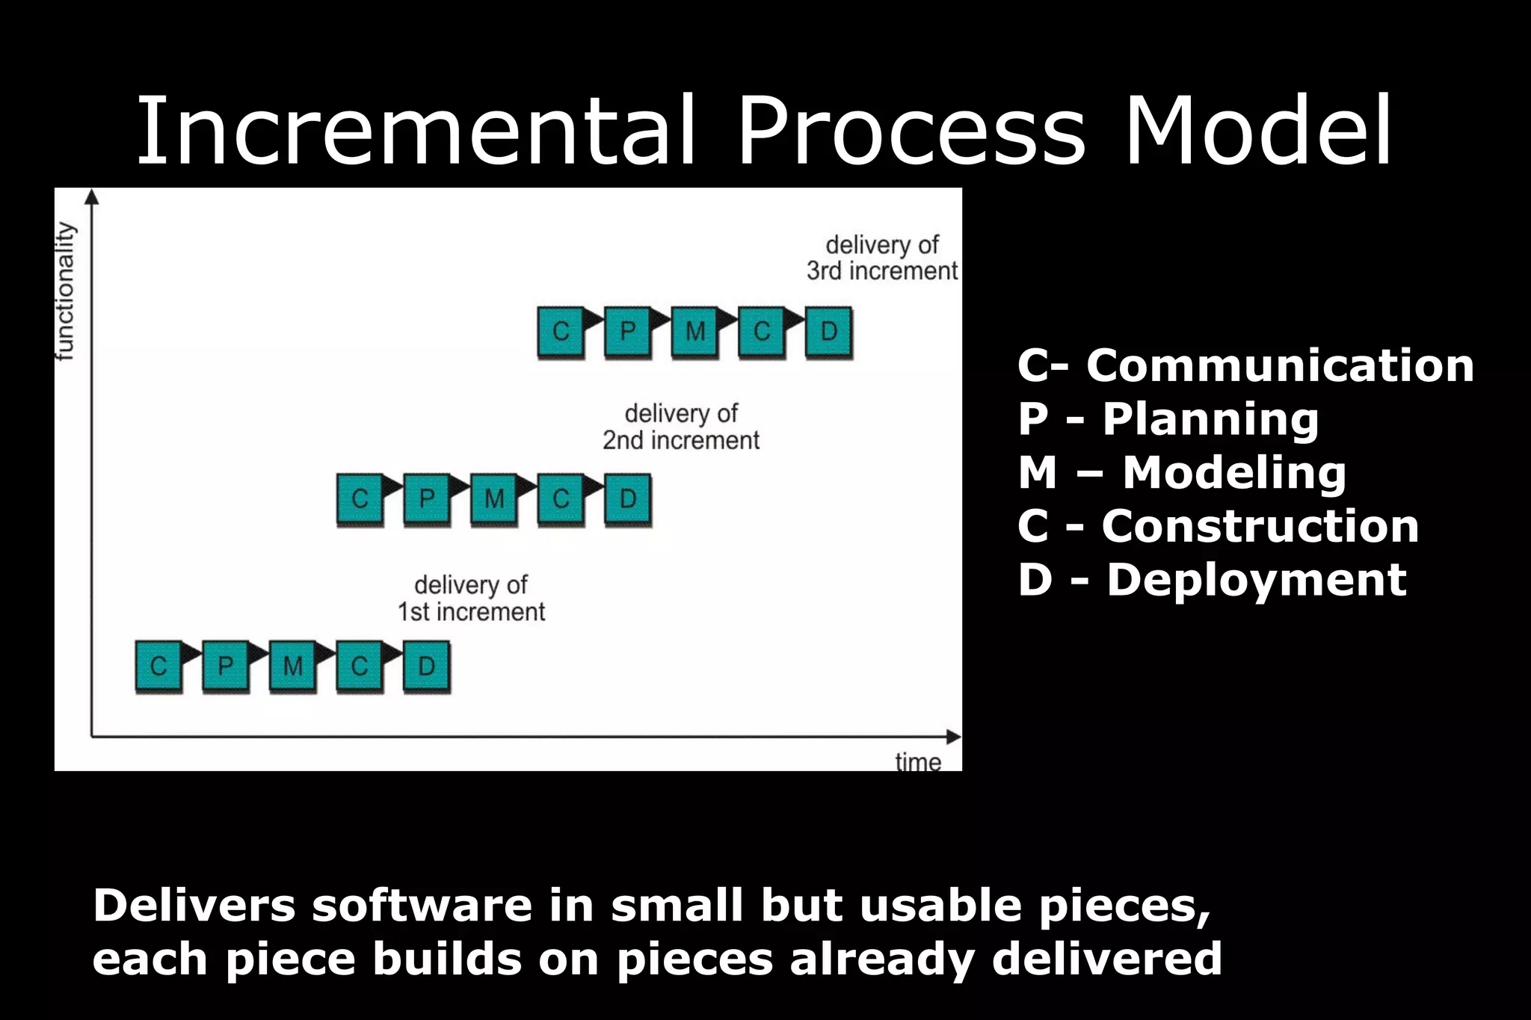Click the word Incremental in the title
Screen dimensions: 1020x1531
[x=416, y=131]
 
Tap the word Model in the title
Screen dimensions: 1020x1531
[x=1257, y=131]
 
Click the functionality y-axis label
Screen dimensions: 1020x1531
[x=67, y=291]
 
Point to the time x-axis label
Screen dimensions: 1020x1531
[x=918, y=762]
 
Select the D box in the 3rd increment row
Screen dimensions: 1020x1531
[x=828, y=331]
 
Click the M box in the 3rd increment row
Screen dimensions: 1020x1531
[x=694, y=331]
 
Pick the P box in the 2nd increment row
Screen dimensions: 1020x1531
[x=426, y=498]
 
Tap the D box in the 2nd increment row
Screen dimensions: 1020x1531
[x=627, y=498]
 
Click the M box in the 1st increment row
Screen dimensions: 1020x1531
[x=292, y=666]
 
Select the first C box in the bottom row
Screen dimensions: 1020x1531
[x=158, y=666]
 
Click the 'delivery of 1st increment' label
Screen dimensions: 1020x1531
[x=471, y=598]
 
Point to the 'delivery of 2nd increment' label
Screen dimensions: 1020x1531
[x=681, y=427]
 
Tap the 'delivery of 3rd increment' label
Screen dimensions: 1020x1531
[x=882, y=258]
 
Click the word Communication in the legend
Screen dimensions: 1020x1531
[x=1280, y=365]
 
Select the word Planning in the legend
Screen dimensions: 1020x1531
[x=1210, y=418]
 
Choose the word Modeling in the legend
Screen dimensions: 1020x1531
[x=1234, y=472]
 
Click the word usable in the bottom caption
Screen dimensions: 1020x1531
[x=940, y=906]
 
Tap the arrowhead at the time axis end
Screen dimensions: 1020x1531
[x=953, y=737]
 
